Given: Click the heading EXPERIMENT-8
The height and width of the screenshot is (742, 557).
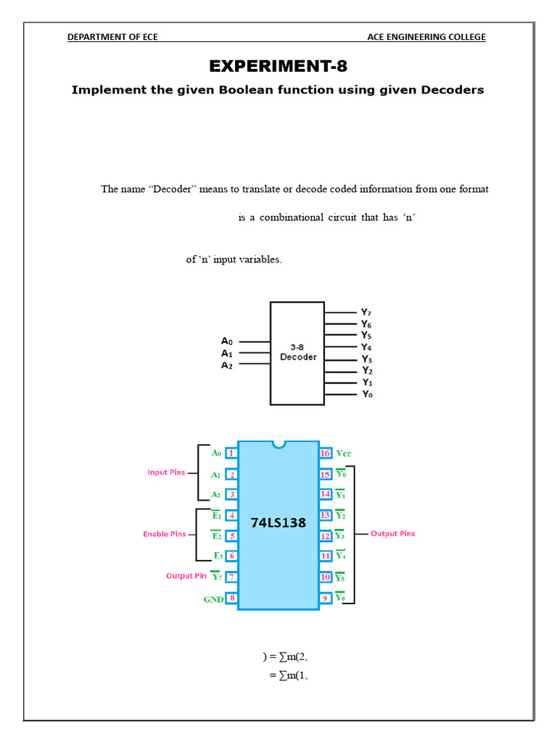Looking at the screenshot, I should tap(278, 67).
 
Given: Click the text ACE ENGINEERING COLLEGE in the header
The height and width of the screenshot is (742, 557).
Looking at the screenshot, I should tap(426, 37).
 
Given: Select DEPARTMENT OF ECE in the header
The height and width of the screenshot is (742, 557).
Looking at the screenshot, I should tap(112, 37).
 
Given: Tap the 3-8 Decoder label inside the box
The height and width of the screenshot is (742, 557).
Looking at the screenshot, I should tap(298, 352).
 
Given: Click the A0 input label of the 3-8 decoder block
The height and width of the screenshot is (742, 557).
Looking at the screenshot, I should tap(228, 341).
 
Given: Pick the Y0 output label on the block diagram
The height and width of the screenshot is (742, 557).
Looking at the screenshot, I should tap(368, 394).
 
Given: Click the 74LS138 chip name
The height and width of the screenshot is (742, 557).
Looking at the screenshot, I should tap(278, 522).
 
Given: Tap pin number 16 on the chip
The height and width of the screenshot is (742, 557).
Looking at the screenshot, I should tap(326, 454).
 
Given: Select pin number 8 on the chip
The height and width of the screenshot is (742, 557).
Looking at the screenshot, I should tap(231, 598).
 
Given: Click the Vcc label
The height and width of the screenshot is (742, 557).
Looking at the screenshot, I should tap(344, 454).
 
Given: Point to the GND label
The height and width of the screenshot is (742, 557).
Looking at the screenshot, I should tap(213, 599).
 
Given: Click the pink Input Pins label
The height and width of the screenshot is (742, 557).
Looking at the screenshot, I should tap(167, 472).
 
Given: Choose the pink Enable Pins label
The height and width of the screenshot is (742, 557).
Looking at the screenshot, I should tap(165, 534).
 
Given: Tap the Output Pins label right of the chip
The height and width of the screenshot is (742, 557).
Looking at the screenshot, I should tap(392, 533).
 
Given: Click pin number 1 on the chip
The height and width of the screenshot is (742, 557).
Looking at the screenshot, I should tap(231, 454).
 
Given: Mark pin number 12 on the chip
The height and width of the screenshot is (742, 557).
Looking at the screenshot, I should tap(326, 535).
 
